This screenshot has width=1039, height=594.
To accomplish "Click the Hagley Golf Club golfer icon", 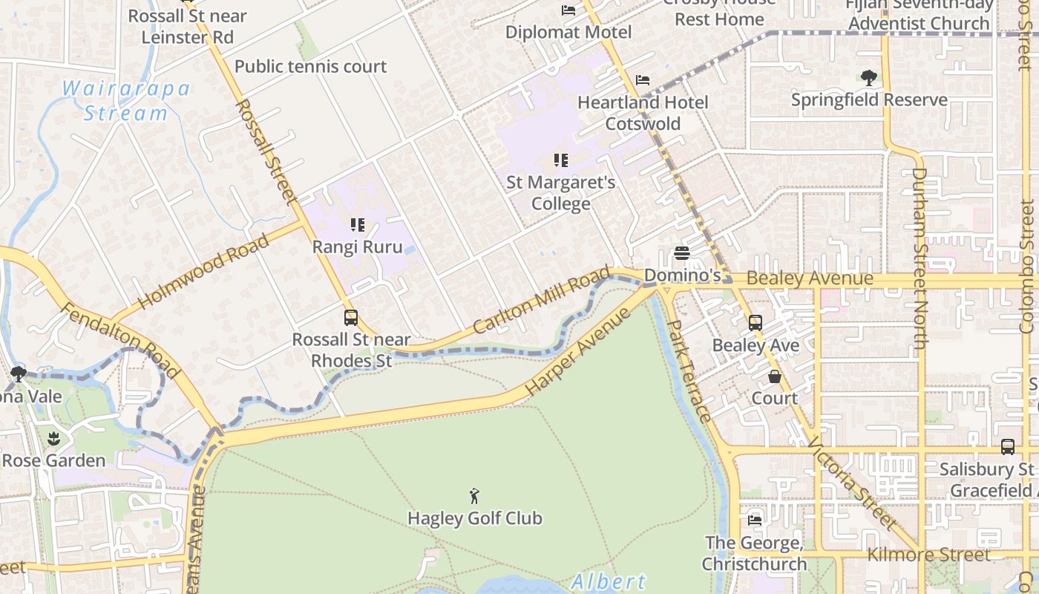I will coord(474,496).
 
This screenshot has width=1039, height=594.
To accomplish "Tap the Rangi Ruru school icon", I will coord(358,224).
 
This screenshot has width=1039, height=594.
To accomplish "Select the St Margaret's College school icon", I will coord(561,160).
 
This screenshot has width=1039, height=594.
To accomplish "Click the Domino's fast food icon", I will coord(682,253).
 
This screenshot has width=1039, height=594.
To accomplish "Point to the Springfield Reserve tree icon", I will coord(868,77).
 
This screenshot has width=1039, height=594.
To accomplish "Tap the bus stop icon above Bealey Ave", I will coord(755,323).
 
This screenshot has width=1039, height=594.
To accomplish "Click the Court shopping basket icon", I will coord(775,376).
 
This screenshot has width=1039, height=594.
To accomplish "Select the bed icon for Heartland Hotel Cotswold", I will coord(643,80).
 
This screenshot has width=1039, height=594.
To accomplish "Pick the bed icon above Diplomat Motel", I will coord(568,10).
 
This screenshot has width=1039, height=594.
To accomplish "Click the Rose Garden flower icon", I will coord(53,438).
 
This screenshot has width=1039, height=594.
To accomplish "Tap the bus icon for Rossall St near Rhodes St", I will coord(351,318).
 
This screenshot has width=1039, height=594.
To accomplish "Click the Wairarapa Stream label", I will coord(126,101).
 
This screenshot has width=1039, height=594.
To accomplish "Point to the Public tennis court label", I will coord(310,67).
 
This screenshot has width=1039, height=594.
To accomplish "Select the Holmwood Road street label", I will coord(203,272).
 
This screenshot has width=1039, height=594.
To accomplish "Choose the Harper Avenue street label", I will coord(578,351).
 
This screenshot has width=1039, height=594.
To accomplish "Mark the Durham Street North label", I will coord(920,258).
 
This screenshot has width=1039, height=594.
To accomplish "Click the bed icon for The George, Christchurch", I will coord(755,520).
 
